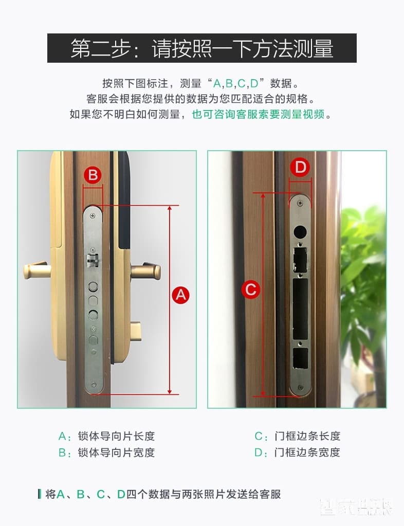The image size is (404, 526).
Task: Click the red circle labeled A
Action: click(x=180, y=295)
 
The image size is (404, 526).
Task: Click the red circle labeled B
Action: click(x=93, y=175)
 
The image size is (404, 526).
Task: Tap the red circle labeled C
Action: click(x=251, y=289)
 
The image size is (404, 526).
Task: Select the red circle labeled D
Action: click(x=300, y=167)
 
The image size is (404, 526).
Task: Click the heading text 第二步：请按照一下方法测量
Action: click(x=201, y=49)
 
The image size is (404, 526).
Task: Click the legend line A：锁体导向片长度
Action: click(x=106, y=436)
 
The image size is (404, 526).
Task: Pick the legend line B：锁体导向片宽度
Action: click(x=106, y=452)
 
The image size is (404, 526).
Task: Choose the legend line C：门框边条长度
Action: click(x=298, y=436)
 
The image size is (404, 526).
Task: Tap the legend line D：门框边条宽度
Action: click(x=298, y=452)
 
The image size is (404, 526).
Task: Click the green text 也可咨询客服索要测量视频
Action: click(x=258, y=114)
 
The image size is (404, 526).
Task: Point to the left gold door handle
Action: click(x=37, y=270)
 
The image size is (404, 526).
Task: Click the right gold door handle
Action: click(x=146, y=270)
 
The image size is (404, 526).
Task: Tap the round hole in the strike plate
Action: click(x=300, y=231)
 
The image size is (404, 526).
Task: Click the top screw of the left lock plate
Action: click(x=93, y=210)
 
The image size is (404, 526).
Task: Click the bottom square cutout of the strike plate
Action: click(x=300, y=359)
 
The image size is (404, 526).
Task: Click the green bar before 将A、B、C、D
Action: click(x=40, y=494)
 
